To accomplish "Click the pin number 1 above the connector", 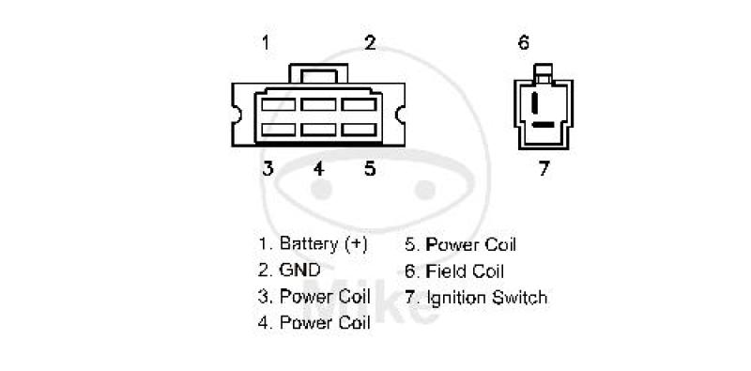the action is [266, 42].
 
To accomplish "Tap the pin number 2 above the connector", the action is [370, 42].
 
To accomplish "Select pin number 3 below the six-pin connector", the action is [268, 168].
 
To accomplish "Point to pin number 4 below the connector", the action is [319, 168].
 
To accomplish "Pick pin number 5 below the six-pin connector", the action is [370, 168].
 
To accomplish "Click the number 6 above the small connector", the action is [524, 42].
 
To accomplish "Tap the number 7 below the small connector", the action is [544, 168].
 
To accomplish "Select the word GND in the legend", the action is [299, 271].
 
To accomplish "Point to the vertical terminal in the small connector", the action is [534, 102].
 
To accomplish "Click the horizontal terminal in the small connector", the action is [544, 125].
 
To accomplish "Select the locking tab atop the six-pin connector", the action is [318, 74].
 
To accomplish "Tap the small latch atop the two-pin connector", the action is [544, 72].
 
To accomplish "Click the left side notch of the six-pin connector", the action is [236, 114].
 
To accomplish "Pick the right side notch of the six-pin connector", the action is [401, 114].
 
